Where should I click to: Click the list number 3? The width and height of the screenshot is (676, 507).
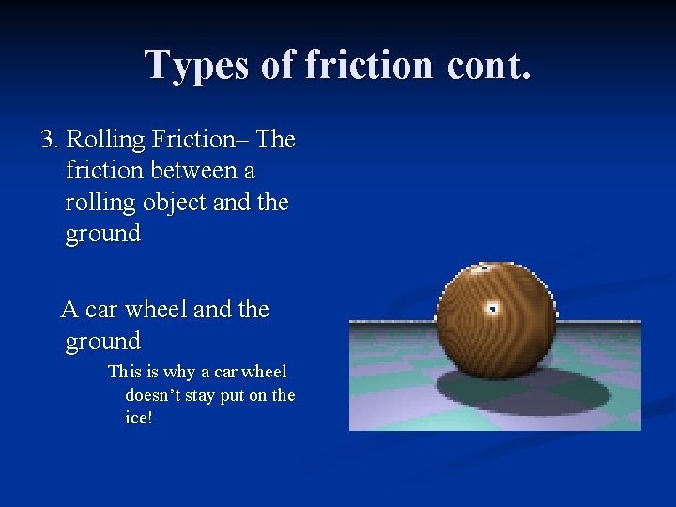pos(49,141)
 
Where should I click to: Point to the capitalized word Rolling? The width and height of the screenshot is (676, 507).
pos(100,141)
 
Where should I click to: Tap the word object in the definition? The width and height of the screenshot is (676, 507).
pos(171,203)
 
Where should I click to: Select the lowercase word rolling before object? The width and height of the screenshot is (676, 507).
pos(97,203)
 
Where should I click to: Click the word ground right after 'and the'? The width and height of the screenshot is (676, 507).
pos(102,234)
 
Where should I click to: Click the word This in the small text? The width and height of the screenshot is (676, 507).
pos(124,373)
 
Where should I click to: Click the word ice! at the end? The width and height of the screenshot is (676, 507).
pos(138,418)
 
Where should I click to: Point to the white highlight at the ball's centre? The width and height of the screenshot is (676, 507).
pos(492,308)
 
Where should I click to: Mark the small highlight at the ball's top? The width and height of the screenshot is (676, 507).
pos(483,269)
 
